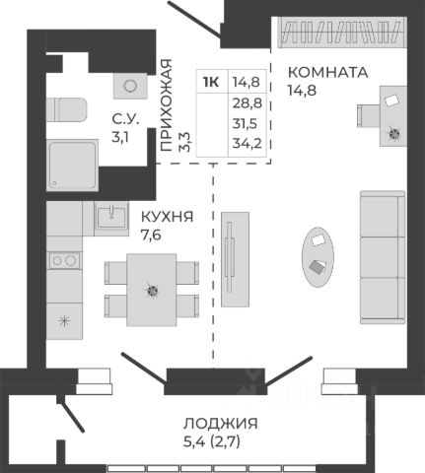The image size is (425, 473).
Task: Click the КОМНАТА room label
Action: tap(327, 72)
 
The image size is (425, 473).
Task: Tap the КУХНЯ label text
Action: tap(167, 217)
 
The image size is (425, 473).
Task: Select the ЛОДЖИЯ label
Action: tap(221, 424)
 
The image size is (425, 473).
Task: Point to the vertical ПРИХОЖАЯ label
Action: tap(166, 105)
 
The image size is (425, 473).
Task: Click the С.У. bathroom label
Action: tap(125, 119)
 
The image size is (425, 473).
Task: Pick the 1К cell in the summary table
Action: tap(211, 82)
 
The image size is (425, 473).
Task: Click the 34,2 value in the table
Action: tap(248, 144)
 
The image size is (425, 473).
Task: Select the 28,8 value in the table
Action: tap(248, 103)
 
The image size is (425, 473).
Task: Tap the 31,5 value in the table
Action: tap(246, 124)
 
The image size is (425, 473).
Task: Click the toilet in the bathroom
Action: tap(66, 109)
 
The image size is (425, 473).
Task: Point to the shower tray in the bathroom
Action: tap(72, 165)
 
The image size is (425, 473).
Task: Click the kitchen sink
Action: tap(111, 218)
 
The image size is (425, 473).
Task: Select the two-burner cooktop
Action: tap(64, 261)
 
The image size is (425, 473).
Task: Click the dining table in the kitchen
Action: tap(152, 290)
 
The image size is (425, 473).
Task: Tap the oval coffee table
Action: tap(318, 257)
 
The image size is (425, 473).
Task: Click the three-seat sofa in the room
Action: tap(383, 257)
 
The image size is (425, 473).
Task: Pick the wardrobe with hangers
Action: tap(342, 33)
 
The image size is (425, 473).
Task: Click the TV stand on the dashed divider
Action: tap(235, 259)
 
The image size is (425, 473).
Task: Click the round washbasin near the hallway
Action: tap(130, 86)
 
